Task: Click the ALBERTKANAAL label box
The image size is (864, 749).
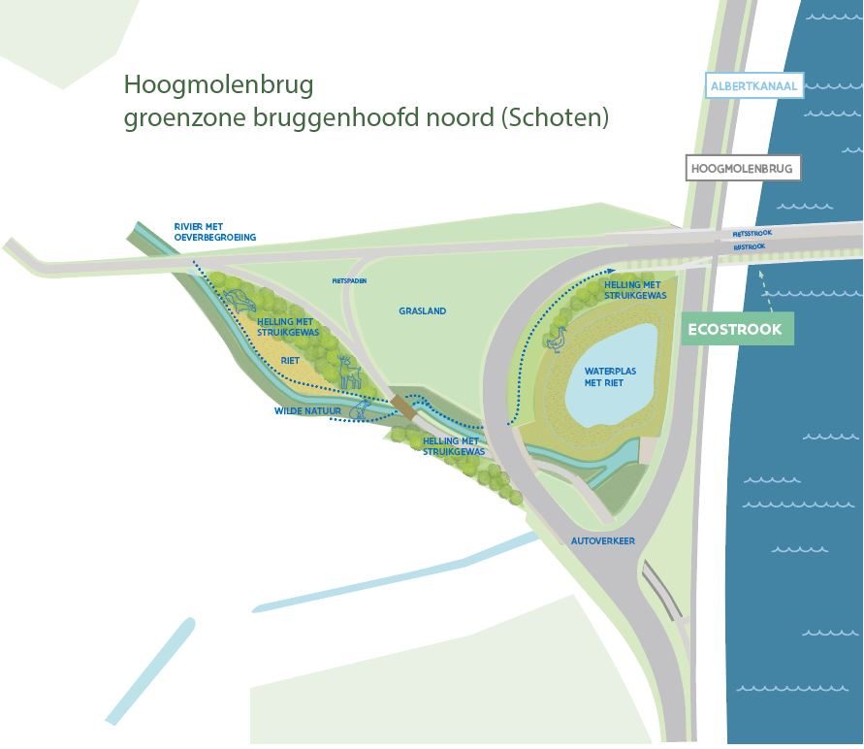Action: pyautogui.click(x=754, y=86)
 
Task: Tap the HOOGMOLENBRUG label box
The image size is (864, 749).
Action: pyautogui.click(x=742, y=168)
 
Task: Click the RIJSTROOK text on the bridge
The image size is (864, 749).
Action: pyautogui.click(x=750, y=246)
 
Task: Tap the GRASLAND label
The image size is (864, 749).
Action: pyautogui.click(x=422, y=311)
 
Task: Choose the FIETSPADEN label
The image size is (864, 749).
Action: pyautogui.click(x=349, y=280)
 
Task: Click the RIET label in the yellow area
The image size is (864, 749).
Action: pyautogui.click(x=290, y=359)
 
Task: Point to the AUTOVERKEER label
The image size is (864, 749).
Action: pyautogui.click(x=603, y=540)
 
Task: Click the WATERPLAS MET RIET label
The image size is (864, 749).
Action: pyautogui.click(x=604, y=376)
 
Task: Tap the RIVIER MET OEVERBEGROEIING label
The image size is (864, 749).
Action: pyautogui.click(x=214, y=231)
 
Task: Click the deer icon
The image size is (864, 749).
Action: pyautogui.click(x=349, y=372)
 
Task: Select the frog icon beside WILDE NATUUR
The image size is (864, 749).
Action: pyautogui.click(x=358, y=412)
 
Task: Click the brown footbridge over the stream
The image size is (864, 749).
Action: pyautogui.click(x=403, y=406)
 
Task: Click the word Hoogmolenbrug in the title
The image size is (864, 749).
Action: pyautogui.click(x=218, y=85)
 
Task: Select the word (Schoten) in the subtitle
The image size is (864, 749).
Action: pyautogui.click(x=566, y=118)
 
